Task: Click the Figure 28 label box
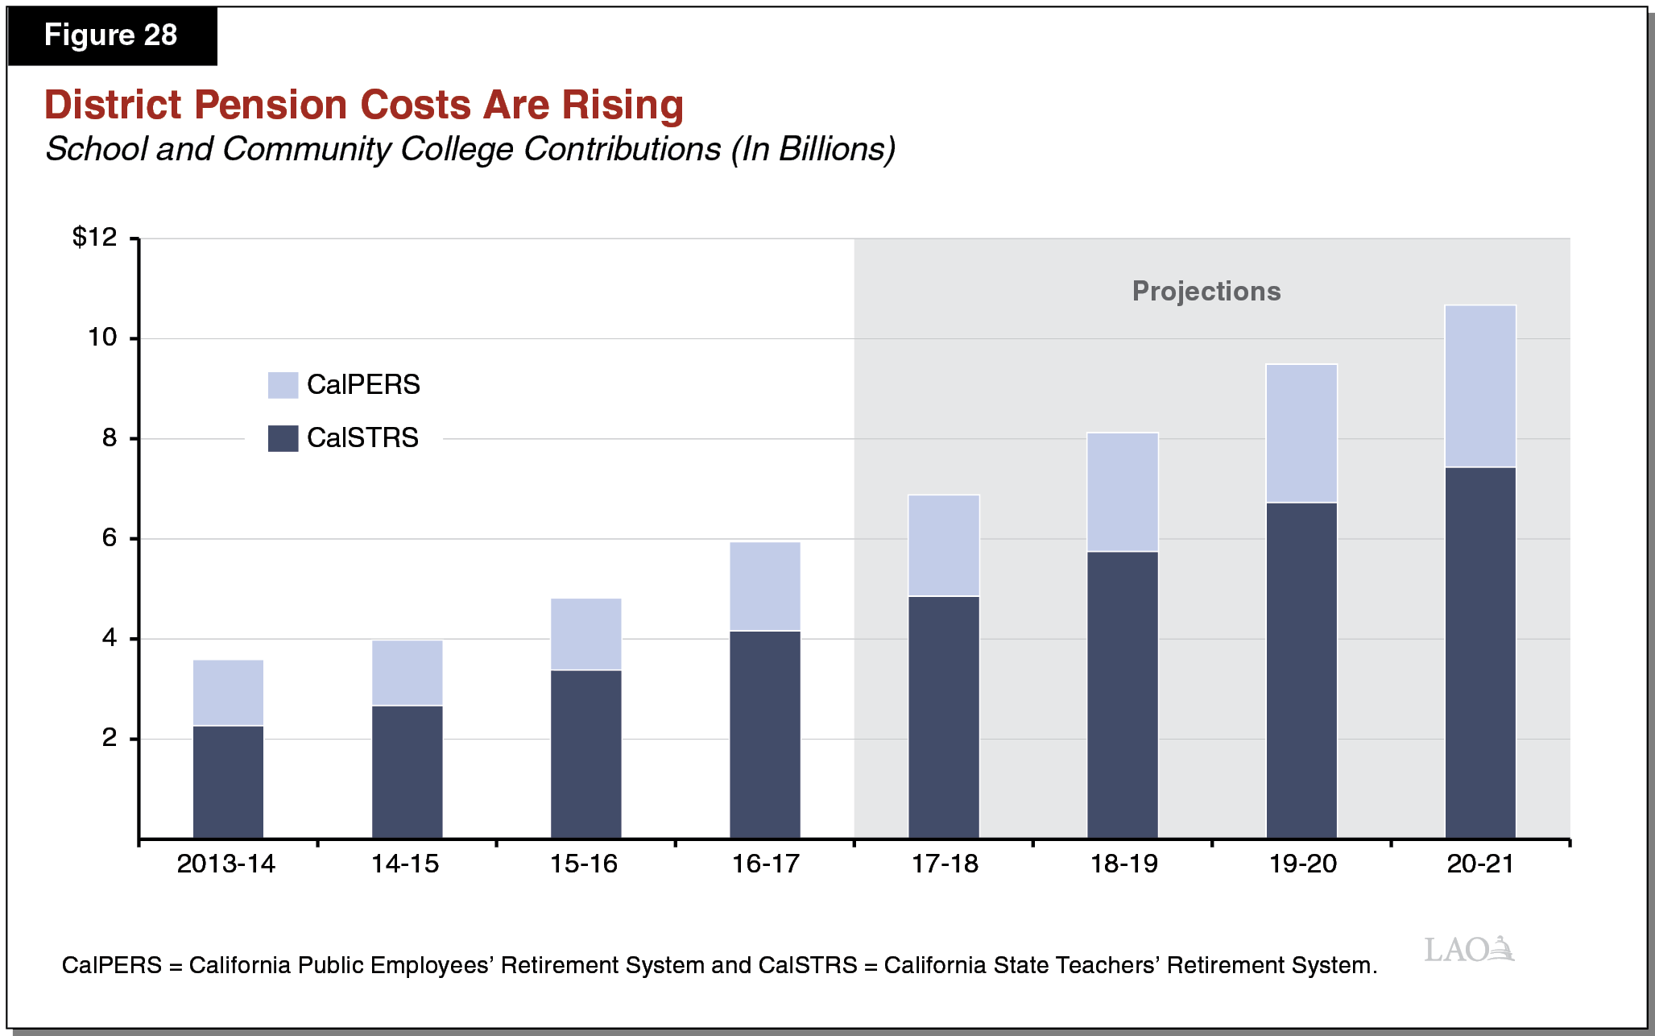pos(111,35)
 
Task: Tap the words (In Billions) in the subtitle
pos(813,150)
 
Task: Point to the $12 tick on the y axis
pos(95,237)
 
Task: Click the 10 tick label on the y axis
pos(102,338)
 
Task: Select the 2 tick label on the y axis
pos(110,738)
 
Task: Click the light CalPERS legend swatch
pos(283,385)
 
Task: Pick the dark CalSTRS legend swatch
pos(283,438)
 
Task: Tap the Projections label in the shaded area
pos(1206,291)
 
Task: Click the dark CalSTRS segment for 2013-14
pos(228,781)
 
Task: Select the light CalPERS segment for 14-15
pos(407,673)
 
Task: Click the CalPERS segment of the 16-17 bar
pos(764,586)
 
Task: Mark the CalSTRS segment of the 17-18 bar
pos(943,717)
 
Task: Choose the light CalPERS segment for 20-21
pos(1479,386)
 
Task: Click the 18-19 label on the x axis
pos(1123,864)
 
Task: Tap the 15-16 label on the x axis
pos(583,864)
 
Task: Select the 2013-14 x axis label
pos(225,864)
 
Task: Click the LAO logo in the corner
pos(1468,950)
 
